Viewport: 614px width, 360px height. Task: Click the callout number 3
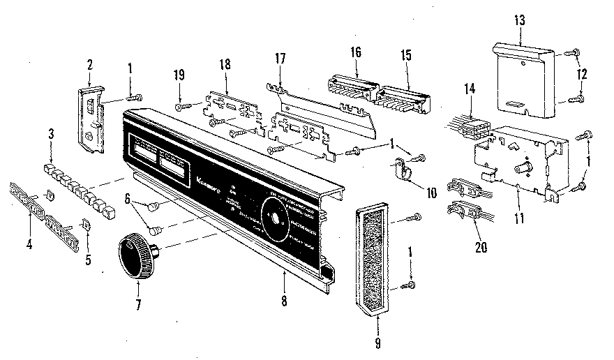pos(50,133)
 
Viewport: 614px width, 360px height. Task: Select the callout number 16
pos(357,52)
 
